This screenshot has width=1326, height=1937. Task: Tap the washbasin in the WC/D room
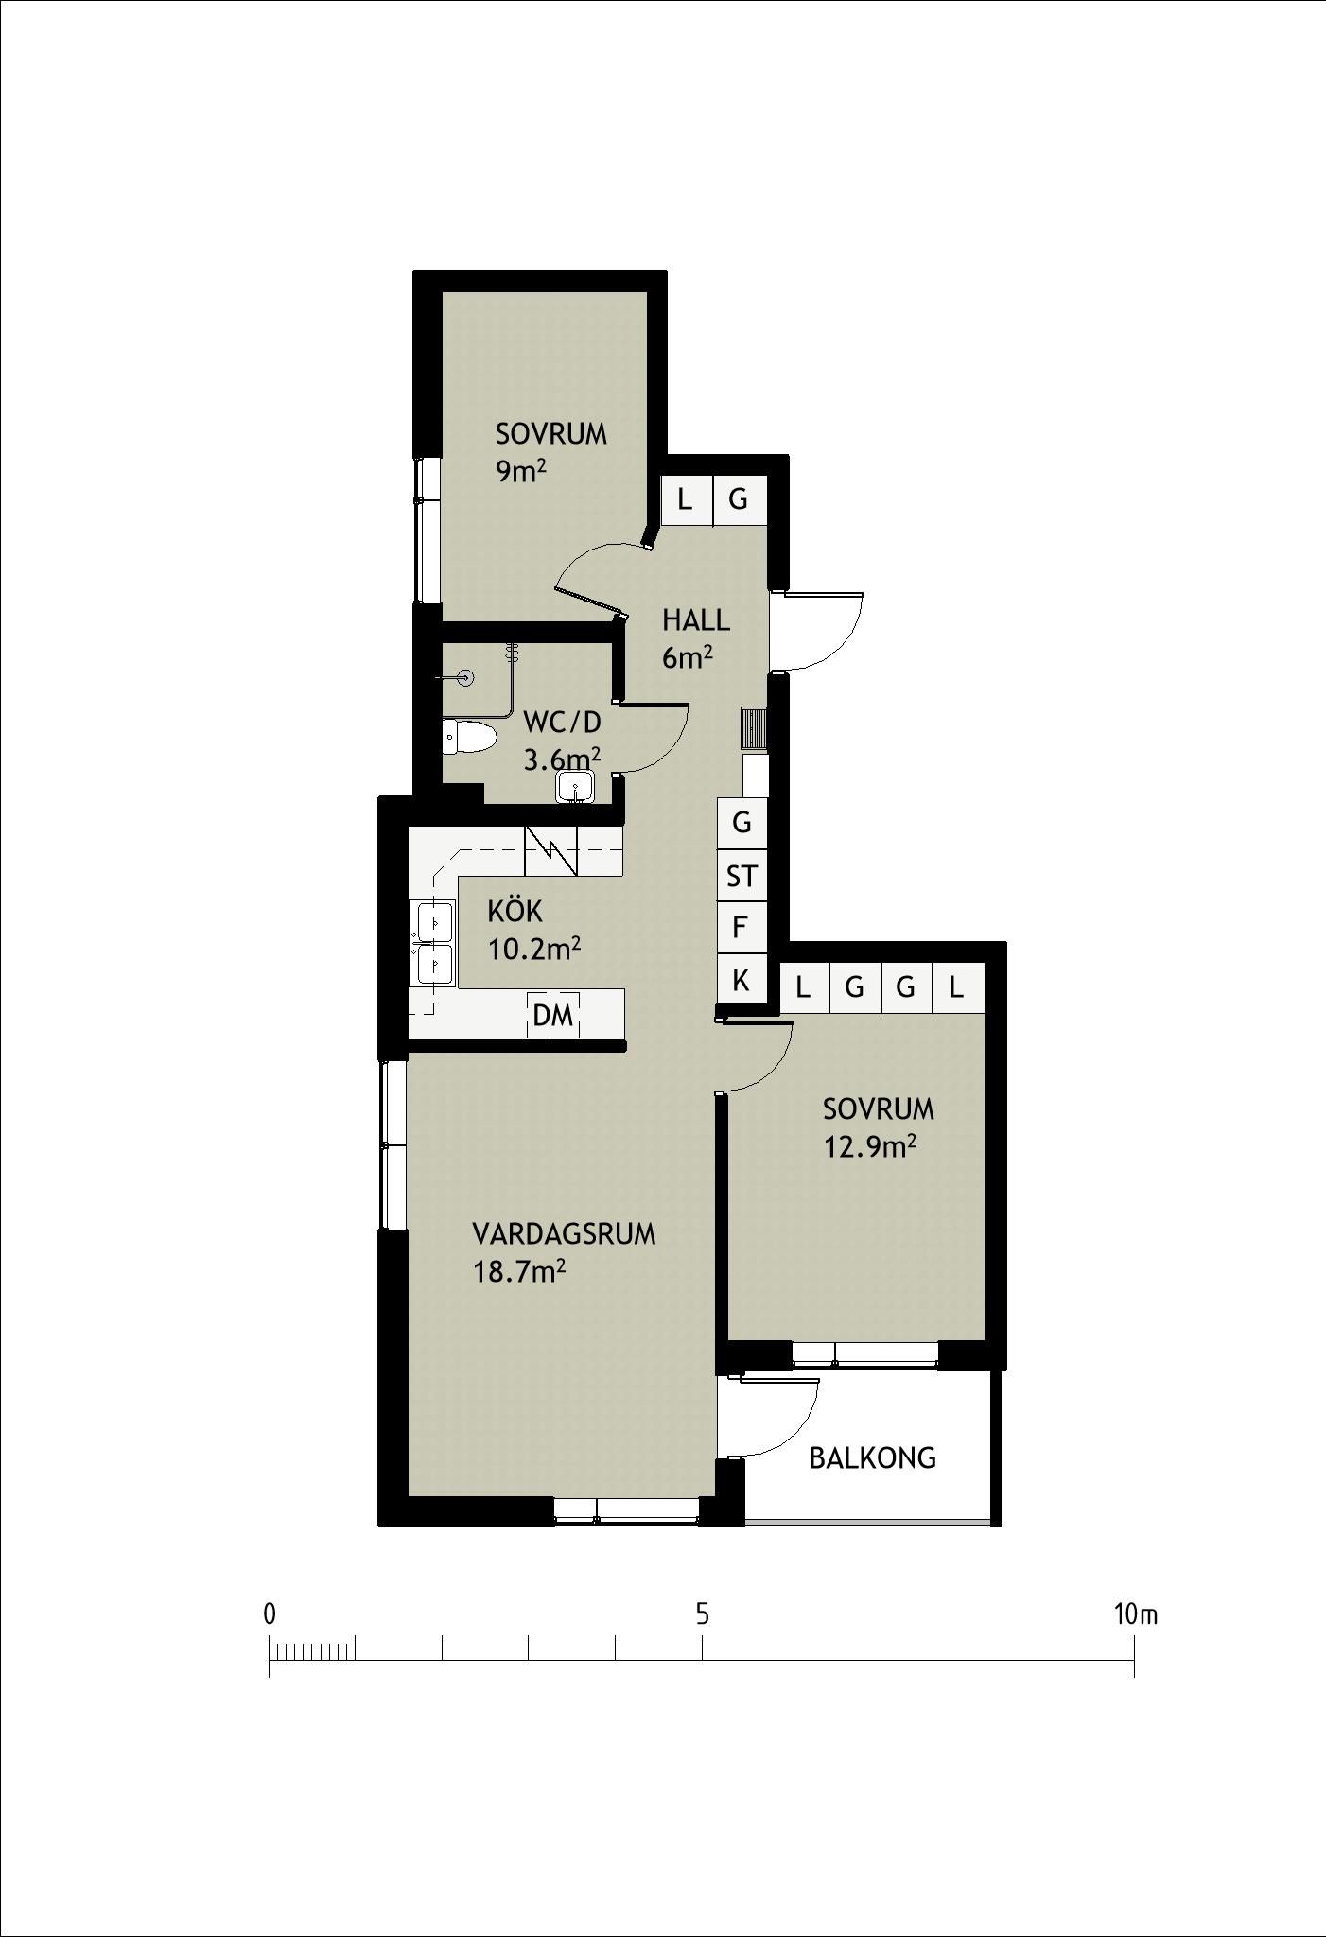(575, 787)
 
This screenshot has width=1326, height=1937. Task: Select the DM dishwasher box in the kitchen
(553, 1016)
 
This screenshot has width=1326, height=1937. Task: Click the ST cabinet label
(742, 877)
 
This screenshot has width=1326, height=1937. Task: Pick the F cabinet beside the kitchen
(741, 928)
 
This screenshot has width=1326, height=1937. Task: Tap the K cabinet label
(742, 981)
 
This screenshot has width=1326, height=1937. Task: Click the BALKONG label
(872, 1457)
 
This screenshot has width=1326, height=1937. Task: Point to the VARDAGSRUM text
(564, 1234)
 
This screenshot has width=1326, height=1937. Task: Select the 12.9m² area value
(870, 1146)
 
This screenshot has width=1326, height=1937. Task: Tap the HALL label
(696, 620)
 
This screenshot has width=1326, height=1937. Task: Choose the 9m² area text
(522, 470)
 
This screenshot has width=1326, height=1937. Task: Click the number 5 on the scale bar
(702, 1614)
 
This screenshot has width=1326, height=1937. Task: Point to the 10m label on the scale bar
(1136, 1614)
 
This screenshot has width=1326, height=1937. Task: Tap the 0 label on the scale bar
(270, 1614)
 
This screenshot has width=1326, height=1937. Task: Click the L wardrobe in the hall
(685, 497)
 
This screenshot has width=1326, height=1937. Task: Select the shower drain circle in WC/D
(464, 678)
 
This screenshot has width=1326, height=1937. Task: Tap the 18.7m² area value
(519, 1272)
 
